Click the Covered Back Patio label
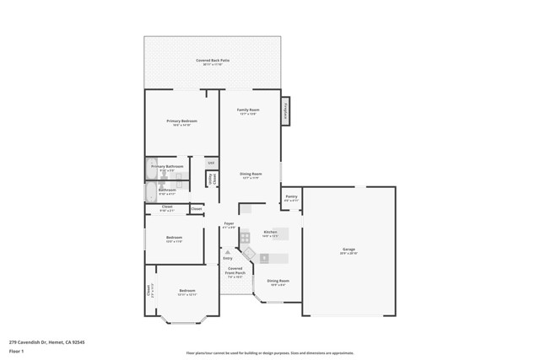coord(213,62)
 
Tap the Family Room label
coord(248,110)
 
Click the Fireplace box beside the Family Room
coord(286,110)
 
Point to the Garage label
coord(348,250)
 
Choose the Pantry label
coord(291,197)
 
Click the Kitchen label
coord(270,232)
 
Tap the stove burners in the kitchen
coord(245,238)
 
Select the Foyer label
coord(229,224)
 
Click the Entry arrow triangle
coord(227,251)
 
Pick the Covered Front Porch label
coord(235,271)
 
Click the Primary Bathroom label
coord(167,167)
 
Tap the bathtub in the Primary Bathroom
coord(150,169)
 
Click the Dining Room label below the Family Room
coord(251,175)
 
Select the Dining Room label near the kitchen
coord(278,282)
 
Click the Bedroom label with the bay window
coord(187,292)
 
